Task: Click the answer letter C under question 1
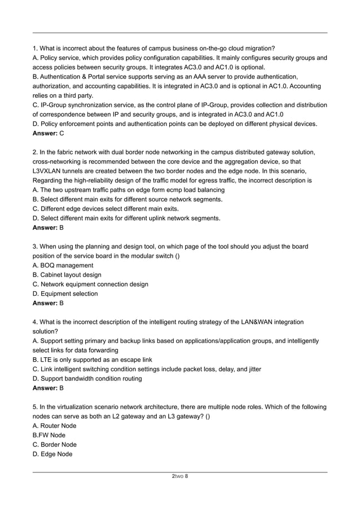[x=62, y=133]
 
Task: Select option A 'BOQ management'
[x=63, y=265]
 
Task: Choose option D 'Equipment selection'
[x=65, y=293]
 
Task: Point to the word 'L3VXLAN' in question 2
[x=50, y=171]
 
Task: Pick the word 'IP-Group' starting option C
[x=55, y=105]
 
